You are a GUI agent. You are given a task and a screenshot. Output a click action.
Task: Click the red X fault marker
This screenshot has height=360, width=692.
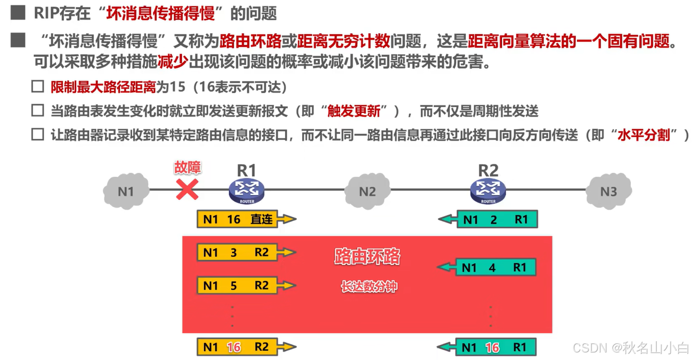point(187,190)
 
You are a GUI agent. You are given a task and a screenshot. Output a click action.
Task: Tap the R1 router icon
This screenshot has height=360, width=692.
point(247,190)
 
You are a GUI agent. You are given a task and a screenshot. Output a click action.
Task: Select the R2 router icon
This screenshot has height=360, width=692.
point(488,190)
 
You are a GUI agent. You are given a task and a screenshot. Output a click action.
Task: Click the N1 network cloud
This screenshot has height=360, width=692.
point(126,191)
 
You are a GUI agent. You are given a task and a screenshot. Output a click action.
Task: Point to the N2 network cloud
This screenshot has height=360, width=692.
point(367,191)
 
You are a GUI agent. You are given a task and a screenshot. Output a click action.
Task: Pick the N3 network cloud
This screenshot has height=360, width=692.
point(608,191)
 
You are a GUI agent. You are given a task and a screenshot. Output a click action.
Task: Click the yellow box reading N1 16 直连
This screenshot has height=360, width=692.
point(238,219)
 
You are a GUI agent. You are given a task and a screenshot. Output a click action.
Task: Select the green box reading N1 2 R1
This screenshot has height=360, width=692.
point(496,219)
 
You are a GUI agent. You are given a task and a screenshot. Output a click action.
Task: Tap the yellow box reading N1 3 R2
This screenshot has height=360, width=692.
point(238,253)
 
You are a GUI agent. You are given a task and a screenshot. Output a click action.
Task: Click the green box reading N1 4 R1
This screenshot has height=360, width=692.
point(495,267)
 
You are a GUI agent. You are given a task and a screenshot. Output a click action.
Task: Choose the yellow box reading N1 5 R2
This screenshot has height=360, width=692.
point(238,286)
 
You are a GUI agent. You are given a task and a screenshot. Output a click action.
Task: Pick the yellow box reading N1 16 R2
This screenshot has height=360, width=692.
point(238,347)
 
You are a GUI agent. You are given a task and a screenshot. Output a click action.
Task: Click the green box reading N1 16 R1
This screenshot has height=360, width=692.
point(495,347)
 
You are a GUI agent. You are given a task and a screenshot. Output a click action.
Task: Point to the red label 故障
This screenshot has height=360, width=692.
point(187,167)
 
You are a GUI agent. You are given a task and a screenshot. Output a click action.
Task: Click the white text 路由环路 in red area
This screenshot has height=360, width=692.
point(367,257)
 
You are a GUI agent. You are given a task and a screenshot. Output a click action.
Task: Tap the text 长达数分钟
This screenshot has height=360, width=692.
point(369,287)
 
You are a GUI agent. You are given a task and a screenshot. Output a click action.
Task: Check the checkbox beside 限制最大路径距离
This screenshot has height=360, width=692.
point(38,87)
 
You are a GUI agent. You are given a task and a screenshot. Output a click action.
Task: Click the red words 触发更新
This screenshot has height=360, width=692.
point(354,111)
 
